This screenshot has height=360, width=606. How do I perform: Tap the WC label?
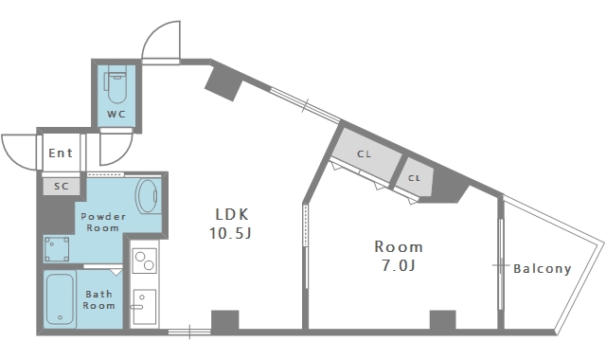116,114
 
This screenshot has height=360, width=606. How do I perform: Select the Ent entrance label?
61,153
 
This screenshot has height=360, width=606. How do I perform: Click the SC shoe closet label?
62,187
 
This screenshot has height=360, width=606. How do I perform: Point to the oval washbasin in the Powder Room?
147,196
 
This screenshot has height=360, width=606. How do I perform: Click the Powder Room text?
103,222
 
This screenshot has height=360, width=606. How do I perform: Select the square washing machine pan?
57,249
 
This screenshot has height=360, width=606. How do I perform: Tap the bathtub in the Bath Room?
60,299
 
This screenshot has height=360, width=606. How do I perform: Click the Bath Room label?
98,299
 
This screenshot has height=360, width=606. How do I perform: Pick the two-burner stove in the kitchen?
145,261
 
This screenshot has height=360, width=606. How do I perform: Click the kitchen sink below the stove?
145,307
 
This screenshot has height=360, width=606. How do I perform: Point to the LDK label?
232,214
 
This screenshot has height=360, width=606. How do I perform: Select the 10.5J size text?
230,233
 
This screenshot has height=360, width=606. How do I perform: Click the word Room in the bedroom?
399,246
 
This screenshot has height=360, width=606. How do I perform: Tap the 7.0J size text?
399,265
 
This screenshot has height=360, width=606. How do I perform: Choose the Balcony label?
543,269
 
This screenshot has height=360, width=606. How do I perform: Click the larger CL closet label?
364,154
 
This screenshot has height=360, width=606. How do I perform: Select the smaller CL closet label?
414,178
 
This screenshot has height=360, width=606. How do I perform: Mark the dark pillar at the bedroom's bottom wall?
443,320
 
